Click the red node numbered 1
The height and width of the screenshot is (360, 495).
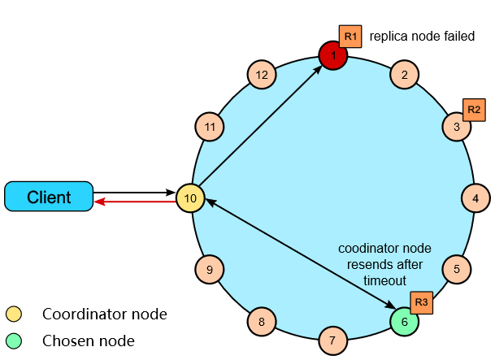[x=332, y=55]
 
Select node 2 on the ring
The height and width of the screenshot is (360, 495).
[x=404, y=75]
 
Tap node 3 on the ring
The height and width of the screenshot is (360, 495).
[x=457, y=127]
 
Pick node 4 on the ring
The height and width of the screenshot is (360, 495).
[x=475, y=197]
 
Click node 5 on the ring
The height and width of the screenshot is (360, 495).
[x=457, y=268]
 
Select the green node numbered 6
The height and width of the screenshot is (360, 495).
[x=404, y=321]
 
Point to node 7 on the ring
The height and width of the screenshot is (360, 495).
[x=332, y=340]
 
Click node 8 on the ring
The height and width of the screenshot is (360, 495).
[x=262, y=322]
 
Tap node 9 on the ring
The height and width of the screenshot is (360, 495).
[x=210, y=269]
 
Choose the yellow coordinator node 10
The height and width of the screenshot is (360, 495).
[x=191, y=197]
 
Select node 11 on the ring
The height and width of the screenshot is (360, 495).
[x=211, y=127]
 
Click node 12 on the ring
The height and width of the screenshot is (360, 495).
[x=262, y=75]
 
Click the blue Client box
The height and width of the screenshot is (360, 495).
[x=49, y=197]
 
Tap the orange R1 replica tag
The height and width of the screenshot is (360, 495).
[x=350, y=37]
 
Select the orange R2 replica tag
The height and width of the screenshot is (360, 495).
[x=474, y=110]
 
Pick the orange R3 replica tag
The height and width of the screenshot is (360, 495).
[x=421, y=302]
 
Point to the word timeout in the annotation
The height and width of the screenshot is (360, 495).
[x=384, y=280]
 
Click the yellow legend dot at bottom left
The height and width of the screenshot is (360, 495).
[x=14, y=314]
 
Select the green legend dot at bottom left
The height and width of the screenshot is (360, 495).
[x=14, y=340]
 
